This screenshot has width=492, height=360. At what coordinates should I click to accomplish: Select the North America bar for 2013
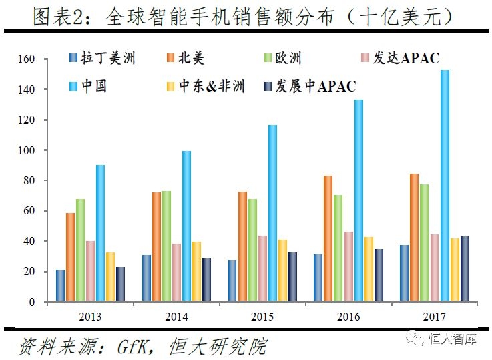70,257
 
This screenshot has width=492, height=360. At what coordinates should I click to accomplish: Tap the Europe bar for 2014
166,246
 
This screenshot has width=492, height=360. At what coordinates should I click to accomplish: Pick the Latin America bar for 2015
232,281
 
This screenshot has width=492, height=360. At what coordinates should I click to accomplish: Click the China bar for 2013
100,233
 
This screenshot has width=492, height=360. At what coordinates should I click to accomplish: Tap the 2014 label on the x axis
176,315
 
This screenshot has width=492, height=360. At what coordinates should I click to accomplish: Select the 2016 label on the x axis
348,315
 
